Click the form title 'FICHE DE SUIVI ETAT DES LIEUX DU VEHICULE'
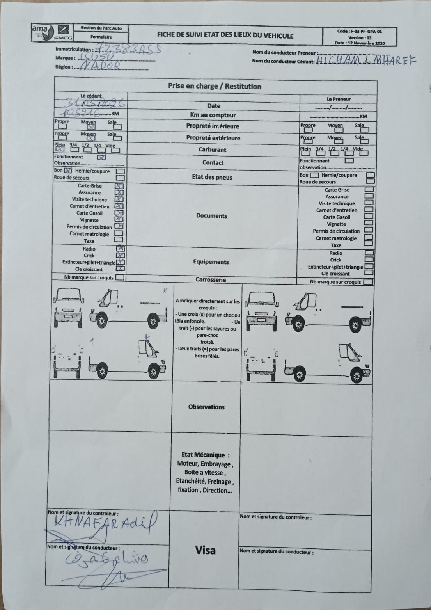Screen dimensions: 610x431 click(225, 35)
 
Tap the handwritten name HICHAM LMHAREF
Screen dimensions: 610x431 click(366, 60)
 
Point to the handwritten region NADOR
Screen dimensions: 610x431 click(101, 67)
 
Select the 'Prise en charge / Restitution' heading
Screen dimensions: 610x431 click(215, 86)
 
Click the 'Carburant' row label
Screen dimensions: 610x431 click(212, 150)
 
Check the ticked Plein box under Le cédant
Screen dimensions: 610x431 click(60, 149)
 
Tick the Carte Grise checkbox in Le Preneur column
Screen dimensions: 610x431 click(369, 190)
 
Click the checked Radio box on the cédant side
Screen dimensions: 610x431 click(121, 248)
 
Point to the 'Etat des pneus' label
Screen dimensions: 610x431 click(212, 177)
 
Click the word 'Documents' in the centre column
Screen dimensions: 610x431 click(211, 216)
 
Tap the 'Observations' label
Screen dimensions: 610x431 click(206, 407)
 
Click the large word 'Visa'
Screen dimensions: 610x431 click(205, 550)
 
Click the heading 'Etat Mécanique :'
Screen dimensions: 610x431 click(206, 455)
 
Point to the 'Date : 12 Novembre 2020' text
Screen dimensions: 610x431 click(360, 43)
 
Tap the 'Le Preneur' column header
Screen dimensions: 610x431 click(339, 99)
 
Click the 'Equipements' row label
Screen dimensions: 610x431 click(211, 262)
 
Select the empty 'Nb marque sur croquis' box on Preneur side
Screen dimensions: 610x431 click(368, 282)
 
